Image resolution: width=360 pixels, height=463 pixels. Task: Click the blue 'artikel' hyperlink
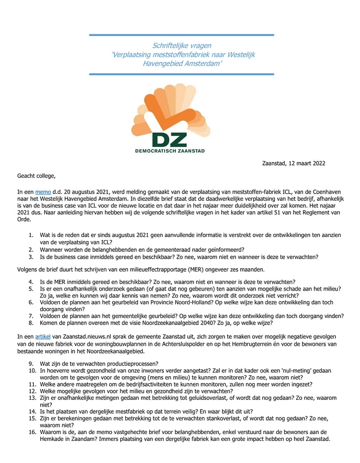pyautogui.click(x=43, y=336)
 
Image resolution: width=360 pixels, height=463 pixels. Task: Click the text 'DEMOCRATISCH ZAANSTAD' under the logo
pyautogui.click(x=170, y=151)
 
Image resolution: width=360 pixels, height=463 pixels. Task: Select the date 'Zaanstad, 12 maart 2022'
pyautogui.click(x=294, y=163)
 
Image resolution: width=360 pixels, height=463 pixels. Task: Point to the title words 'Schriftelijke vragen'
pyautogui.click(x=181, y=46)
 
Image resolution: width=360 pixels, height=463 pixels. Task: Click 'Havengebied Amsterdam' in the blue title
pyautogui.click(x=182, y=63)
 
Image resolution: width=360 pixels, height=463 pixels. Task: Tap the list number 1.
pyautogui.click(x=31, y=235)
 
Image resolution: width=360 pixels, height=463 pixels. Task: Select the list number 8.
pyautogui.click(x=31, y=323)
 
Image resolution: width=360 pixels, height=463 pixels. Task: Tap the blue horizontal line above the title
pyautogui.click(x=181, y=35)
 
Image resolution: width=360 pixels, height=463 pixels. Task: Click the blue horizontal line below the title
pyautogui.click(x=181, y=74)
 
